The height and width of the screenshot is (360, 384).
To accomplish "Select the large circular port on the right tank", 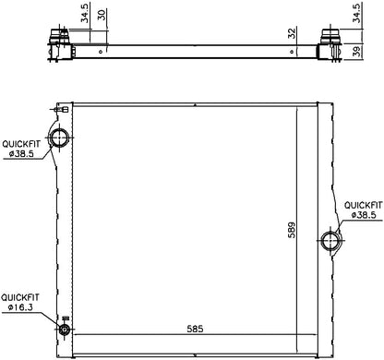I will click(330, 242).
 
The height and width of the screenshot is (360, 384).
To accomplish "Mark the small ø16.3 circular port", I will click(65, 330).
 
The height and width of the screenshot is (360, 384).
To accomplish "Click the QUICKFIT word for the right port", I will click(363, 204).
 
